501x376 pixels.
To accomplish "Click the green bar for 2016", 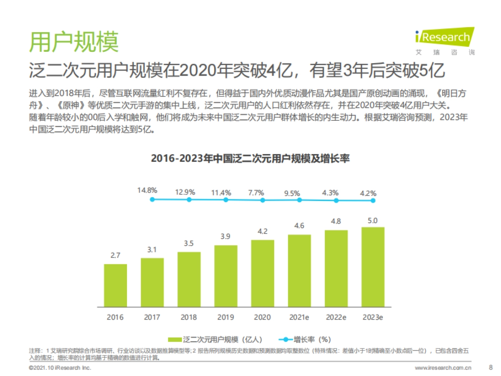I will pyautogui.click(x=115, y=285).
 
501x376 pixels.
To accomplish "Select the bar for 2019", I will pyautogui.click(x=226, y=276).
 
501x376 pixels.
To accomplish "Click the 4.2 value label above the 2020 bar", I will pyautogui.click(x=263, y=231).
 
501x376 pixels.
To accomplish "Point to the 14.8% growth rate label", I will pyautogui.click(x=147, y=190).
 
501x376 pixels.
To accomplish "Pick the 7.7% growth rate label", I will pyautogui.click(x=256, y=193).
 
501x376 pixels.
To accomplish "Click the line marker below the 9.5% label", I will pyautogui.click(x=299, y=200).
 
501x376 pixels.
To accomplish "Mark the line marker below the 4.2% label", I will pyautogui.click(x=373, y=201).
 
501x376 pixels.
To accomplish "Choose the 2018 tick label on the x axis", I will pyautogui.click(x=189, y=317).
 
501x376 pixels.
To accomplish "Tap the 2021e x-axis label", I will pyautogui.click(x=299, y=317).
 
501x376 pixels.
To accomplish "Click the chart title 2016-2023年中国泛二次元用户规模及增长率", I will pyautogui.click(x=250, y=159).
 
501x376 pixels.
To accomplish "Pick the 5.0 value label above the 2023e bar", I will pyautogui.click(x=373, y=221).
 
